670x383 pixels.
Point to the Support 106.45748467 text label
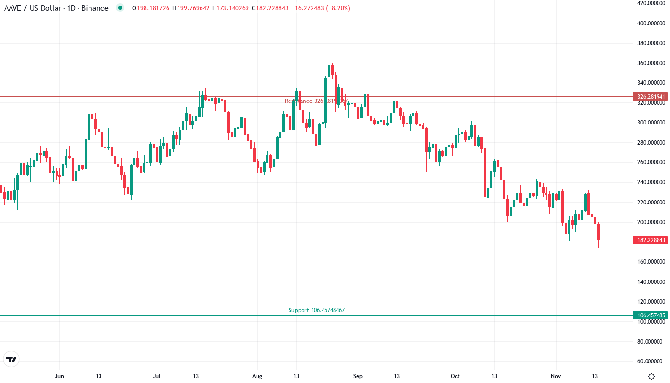(x=316, y=310)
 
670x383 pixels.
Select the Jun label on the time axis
(x=59, y=376)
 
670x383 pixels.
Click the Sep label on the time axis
(x=357, y=376)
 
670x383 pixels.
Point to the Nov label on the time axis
(x=555, y=376)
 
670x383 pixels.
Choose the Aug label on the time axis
(x=257, y=376)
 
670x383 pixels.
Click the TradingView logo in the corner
(x=11, y=359)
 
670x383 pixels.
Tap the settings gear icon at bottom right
(x=651, y=376)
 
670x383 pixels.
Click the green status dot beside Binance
(x=120, y=8)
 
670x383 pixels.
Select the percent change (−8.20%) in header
(x=338, y=8)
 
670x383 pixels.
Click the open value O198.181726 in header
(x=151, y=8)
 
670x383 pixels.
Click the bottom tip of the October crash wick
(x=485, y=339)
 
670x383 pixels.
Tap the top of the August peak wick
(x=329, y=37)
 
